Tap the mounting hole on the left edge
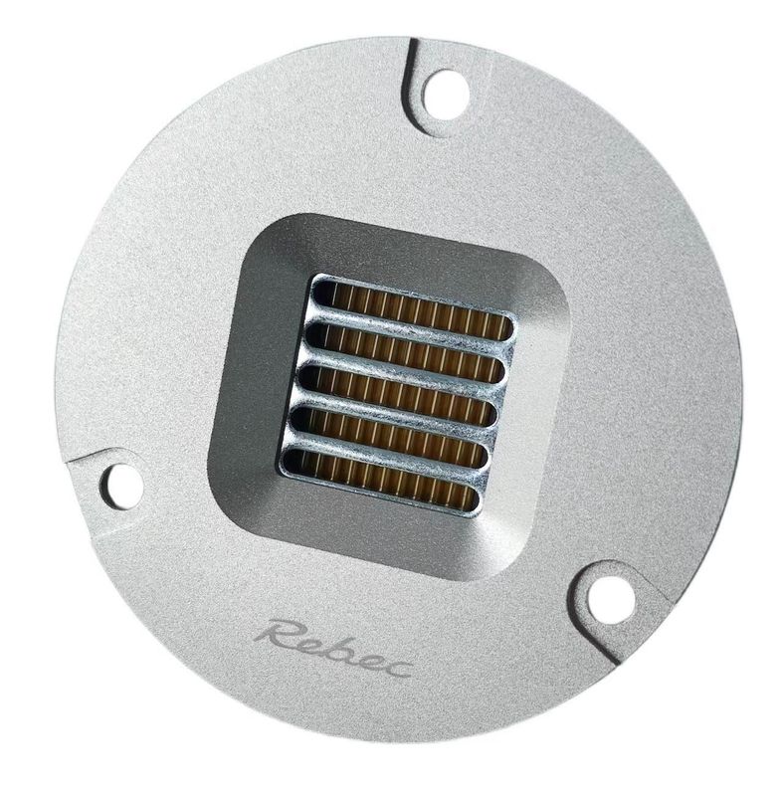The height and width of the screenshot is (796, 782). [119, 482]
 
